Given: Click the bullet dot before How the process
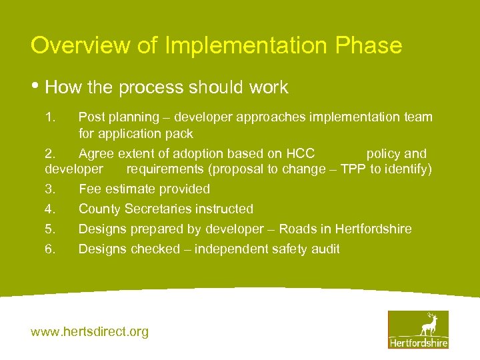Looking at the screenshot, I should (36, 85).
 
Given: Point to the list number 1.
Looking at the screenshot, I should (49, 117).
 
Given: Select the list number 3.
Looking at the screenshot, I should (49, 189).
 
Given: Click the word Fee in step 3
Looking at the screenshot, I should (89, 189).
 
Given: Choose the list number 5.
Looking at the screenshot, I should (49, 229).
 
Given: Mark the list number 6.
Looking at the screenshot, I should (49, 249).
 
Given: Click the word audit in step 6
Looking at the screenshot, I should (325, 249).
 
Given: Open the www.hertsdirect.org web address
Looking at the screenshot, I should (90, 331).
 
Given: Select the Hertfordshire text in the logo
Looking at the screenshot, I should (418, 343).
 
